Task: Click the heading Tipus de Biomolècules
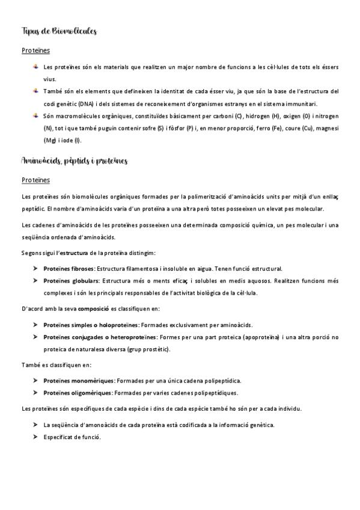(x=58, y=31)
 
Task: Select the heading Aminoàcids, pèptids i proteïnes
(x=74, y=161)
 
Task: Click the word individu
(x=286, y=409)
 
